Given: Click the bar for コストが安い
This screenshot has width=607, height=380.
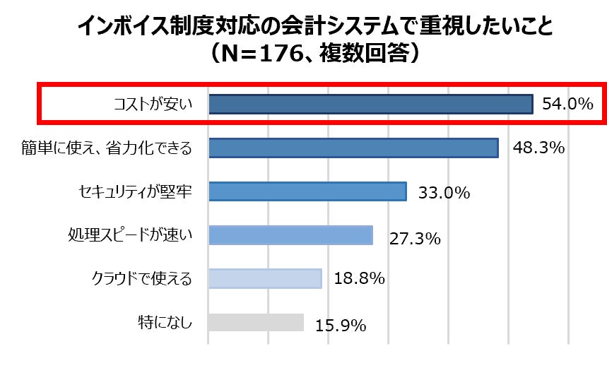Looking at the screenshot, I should (370, 104).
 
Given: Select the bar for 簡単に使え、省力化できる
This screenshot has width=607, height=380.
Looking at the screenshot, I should (353, 148).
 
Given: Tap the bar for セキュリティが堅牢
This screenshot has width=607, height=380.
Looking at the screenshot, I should (307, 191).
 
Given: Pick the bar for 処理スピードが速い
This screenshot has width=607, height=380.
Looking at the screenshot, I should (290, 235).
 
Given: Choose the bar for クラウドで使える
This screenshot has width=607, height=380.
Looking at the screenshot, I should (265, 278).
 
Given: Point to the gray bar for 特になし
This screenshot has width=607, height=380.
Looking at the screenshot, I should (256, 323).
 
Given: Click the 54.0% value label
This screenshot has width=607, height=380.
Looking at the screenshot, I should (567, 105).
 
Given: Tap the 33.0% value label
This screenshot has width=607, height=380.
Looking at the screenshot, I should (444, 193).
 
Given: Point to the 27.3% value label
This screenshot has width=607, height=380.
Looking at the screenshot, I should (415, 238).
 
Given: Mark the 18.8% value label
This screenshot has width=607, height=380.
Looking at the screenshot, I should (359, 279).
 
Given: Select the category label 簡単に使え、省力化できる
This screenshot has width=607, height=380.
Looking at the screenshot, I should (107, 148).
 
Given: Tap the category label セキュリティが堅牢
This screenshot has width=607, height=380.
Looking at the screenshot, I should (135, 192).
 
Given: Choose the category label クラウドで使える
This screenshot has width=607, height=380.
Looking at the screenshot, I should (142, 279).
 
